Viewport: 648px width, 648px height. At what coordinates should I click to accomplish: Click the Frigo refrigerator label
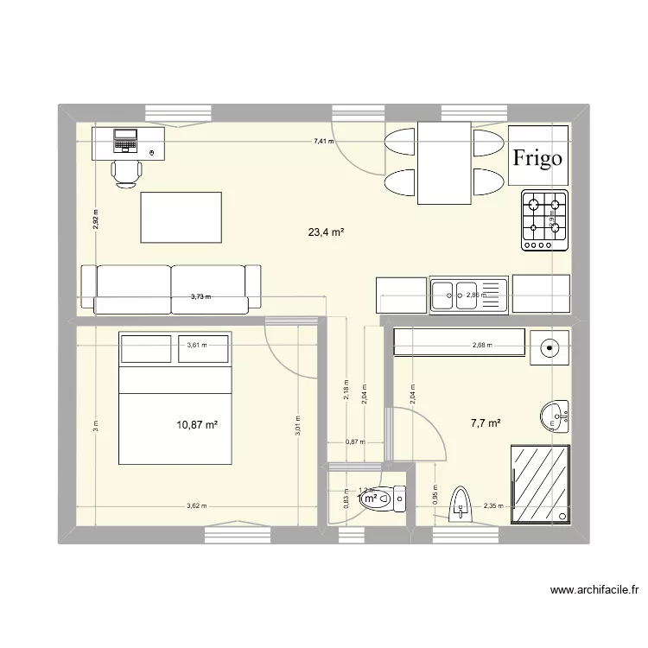pos(537,157)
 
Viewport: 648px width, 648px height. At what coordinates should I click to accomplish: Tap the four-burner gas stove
pos(545,220)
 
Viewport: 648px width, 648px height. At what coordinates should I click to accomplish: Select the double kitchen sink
pos(467,295)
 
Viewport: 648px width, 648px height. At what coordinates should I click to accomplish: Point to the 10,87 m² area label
pos(197,424)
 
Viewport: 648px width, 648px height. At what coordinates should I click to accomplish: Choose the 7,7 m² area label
pos(486,423)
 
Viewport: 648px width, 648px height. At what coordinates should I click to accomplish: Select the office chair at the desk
pos(128,172)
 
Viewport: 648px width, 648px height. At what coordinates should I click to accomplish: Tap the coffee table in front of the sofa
pos(181,218)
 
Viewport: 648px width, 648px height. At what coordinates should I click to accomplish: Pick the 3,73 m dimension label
pos(200,296)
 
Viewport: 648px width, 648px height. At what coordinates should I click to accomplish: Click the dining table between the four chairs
pos(444,162)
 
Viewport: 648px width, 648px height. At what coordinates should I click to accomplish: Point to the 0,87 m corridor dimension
pos(354,442)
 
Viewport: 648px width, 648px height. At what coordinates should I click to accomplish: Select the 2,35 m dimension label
pos(493,507)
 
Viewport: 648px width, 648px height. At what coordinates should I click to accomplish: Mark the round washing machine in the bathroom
pos(549,347)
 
